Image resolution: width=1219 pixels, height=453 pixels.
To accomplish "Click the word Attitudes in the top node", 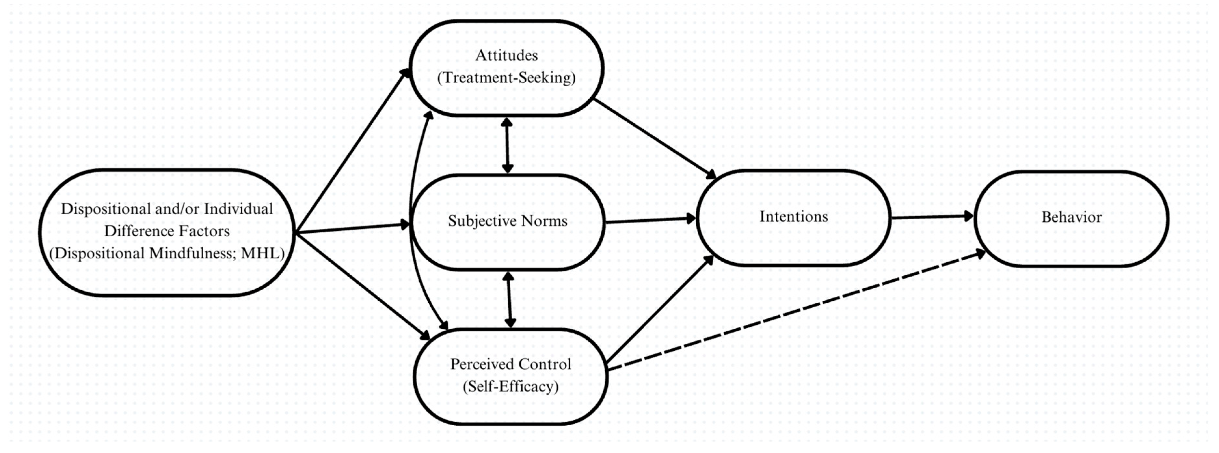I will (506, 55).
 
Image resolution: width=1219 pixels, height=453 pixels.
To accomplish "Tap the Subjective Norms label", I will (507, 221).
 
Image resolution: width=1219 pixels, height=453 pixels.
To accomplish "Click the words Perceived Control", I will (510, 364).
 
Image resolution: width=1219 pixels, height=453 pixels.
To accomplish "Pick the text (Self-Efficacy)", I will (510, 387).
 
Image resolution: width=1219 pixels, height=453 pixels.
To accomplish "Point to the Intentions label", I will (794, 217).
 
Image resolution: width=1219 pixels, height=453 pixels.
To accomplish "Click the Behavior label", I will (1071, 217).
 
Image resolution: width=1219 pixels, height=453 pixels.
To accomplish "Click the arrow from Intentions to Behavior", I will (931, 217).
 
